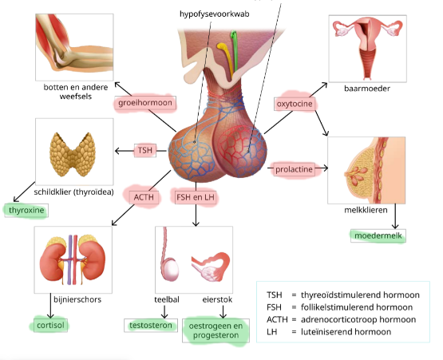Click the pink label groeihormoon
click(x=146, y=103)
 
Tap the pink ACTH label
click(x=144, y=196)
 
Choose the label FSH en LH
click(x=195, y=196)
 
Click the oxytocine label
click(x=293, y=103)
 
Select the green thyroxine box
click(x=26, y=211)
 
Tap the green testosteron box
click(x=151, y=325)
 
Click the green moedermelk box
click(x=379, y=236)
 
